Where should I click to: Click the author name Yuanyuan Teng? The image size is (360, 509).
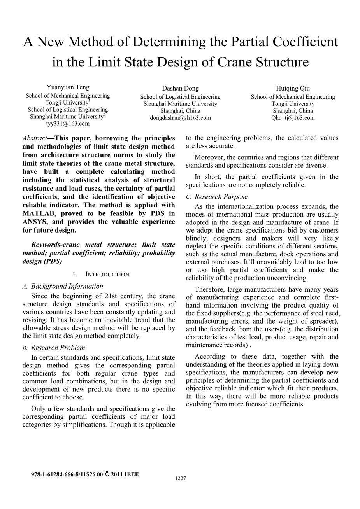click(68, 87)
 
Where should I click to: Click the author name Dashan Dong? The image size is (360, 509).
click(180, 89)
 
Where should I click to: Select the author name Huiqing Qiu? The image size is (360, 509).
click(293, 89)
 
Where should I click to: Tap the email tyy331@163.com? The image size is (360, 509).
click(68, 124)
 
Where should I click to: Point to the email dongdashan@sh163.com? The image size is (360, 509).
click(180, 118)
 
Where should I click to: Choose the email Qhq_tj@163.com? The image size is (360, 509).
click(293, 118)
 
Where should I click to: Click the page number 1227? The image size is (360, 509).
click(181, 479)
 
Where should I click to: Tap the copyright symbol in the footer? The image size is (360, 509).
click(107, 474)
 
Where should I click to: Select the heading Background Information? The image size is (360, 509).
click(67, 286)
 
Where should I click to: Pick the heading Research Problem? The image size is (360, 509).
click(58, 348)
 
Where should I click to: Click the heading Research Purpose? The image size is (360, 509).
click(221, 197)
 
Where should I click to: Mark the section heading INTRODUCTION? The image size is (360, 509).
click(107, 275)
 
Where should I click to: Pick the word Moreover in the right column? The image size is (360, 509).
click(209, 157)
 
